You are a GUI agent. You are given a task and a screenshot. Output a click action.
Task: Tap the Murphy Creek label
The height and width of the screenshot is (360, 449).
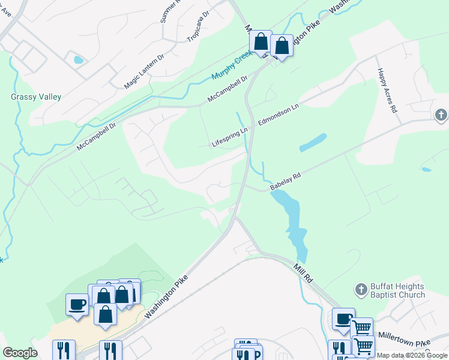point(234,68)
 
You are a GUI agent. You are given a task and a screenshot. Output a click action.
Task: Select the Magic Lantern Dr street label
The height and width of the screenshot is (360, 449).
point(143,71)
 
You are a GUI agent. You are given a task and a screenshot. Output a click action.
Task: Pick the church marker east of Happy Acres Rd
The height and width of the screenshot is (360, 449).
point(441,115)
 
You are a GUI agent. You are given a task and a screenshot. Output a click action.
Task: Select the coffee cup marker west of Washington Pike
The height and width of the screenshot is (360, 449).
point(76,304)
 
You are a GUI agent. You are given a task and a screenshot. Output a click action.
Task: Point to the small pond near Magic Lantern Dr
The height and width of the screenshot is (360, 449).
point(78,59)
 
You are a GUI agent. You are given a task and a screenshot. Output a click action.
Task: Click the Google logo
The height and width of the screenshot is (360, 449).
point(20,353)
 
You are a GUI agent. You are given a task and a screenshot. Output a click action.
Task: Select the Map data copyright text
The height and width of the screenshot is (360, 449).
point(412,355)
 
